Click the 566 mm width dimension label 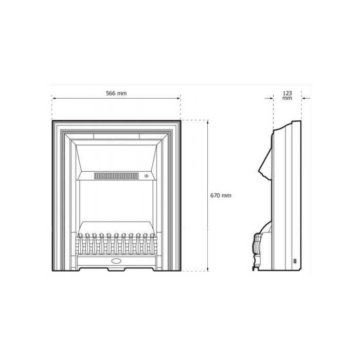[x=116, y=93]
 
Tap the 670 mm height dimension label [x=221, y=195]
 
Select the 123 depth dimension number [x=287, y=93]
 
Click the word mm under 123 [x=287, y=98]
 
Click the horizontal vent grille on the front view [x=116, y=176]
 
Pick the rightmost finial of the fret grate [x=152, y=238]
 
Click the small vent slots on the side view [x=295, y=261]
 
